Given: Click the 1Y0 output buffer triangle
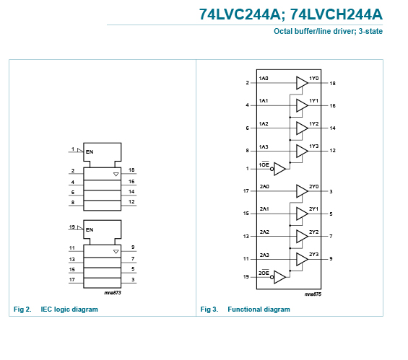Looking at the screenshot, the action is click(x=302, y=83).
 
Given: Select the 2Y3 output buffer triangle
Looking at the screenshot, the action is click(x=302, y=259).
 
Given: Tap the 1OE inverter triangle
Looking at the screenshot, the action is click(x=279, y=169).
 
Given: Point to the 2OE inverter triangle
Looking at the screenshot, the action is click(x=279, y=277).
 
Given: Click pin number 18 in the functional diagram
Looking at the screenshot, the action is click(x=333, y=84).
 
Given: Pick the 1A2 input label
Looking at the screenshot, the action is click(x=264, y=123).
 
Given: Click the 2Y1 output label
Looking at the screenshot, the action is click(x=314, y=209).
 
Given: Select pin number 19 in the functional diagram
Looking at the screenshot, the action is click(x=246, y=277).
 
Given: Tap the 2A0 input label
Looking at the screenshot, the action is click(x=264, y=187).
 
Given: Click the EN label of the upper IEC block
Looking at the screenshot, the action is click(x=90, y=152).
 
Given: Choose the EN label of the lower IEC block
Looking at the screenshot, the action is click(x=90, y=229).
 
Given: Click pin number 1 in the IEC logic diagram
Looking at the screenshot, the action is click(x=73, y=149).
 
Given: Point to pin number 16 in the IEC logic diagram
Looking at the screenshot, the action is click(x=131, y=181).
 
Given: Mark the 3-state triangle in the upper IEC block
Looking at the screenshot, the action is click(x=116, y=174).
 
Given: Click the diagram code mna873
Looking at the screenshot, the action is click(x=113, y=293).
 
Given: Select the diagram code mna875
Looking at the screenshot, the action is click(x=313, y=294).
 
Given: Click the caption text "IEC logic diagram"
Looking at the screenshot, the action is click(x=69, y=309).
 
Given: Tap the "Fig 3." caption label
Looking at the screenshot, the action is click(x=209, y=309).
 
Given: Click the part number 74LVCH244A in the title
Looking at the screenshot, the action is click(x=337, y=14).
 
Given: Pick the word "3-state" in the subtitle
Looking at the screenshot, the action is click(x=370, y=31).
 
